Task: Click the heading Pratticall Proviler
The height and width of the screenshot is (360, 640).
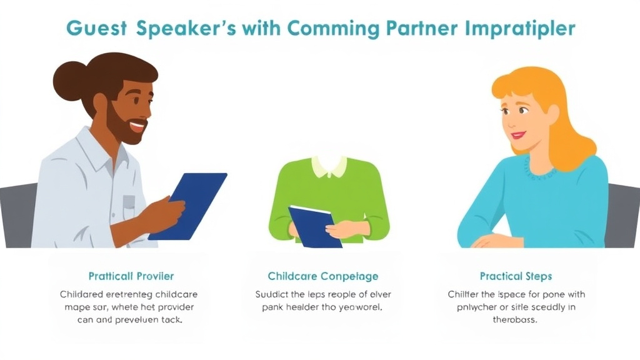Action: pos(131,276)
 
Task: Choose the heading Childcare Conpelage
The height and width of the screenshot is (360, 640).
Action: pos(323,276)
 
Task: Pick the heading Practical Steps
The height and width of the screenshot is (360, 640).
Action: pos(516,276)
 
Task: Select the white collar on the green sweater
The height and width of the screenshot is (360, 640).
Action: pos(329,166)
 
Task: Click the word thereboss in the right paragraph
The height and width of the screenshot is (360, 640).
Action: pos(516,320)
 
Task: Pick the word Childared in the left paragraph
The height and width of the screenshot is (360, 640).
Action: pos(82,294)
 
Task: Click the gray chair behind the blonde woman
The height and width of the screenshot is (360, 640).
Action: pos(622,212)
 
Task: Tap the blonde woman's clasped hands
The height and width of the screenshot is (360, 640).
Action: pos(494,240)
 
